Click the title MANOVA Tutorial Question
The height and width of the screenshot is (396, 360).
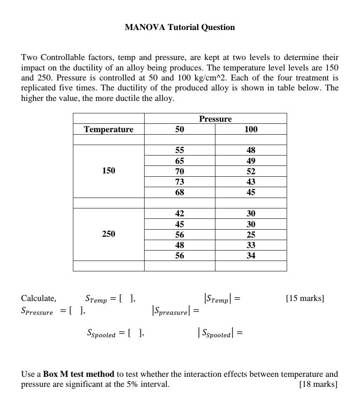click(x=180, y=28)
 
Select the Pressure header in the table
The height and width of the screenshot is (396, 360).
click(x=215, y=119)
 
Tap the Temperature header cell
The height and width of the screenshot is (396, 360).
click(x=108, y=129)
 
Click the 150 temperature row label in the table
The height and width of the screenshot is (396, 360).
click(x=108, y=170)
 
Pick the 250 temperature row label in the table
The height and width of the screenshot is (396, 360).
click(x=108, y=234)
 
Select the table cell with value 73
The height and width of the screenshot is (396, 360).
click(x=179, y=182)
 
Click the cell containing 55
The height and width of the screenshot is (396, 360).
click(x=179, y=150)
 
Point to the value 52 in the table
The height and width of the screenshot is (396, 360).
click(x=251, y=171)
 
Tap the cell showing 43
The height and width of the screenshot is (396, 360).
click(x=251, y=182)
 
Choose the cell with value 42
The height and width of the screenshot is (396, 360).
click(x=179, y=213)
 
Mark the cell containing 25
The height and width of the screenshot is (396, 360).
click(x=251, y=235)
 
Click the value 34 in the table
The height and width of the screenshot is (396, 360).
click(x=251, y=256)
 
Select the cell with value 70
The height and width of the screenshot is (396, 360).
click(x=179, y=171)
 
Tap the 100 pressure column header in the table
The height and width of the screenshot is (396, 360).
click(x=251, y=129)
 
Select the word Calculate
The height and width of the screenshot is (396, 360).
click(x=38, y=298)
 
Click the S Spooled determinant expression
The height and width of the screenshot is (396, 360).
click(x=220, y=333)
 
